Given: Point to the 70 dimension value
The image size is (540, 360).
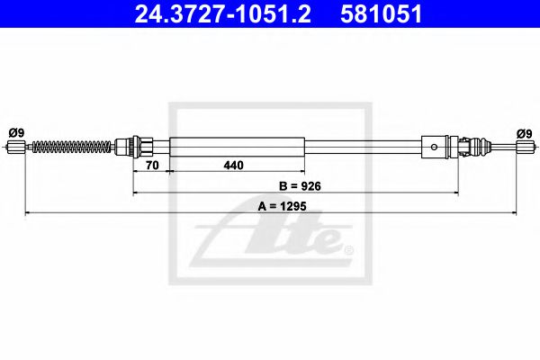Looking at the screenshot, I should coord(151,166).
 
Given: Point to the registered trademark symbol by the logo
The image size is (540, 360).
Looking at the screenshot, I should coord(348,249).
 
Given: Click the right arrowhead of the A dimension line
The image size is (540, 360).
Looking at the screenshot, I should coord(513,213).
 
